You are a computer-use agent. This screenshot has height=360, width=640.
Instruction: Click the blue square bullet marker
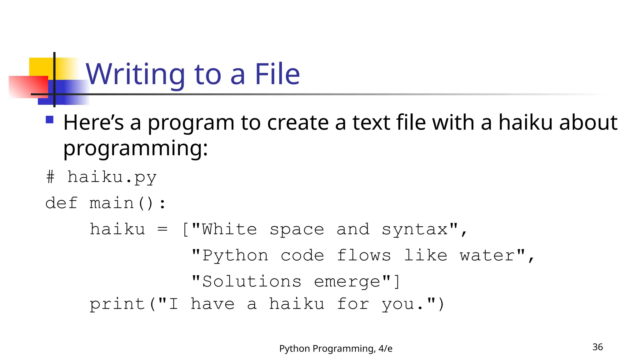(x=50, y=120)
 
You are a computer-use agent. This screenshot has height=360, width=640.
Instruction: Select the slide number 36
(x=597, y=347)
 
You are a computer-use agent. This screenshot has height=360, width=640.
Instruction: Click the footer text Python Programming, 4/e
(x=336, y=348)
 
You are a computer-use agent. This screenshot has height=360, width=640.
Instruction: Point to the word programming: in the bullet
(x=135, y=148)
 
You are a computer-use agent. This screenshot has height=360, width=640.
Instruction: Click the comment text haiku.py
(x=112, y=177)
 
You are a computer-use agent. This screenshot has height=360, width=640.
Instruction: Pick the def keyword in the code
(x=61, y=203)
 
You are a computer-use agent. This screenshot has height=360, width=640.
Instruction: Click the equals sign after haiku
(x=162, y=229)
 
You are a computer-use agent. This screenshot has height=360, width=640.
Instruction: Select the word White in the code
(x=229, y=229)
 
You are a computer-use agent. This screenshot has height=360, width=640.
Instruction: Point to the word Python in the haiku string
(x=235, y=256)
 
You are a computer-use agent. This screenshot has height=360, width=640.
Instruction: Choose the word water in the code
(x=487, y=256)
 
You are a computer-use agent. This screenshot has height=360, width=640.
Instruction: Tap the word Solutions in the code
(x=252, y=281)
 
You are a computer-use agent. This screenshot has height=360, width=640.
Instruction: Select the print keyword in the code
(x=117, y=304)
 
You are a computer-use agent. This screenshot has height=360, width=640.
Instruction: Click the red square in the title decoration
(x=28, y=87)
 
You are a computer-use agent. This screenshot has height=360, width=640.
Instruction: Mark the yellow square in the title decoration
(x=41, y=67)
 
